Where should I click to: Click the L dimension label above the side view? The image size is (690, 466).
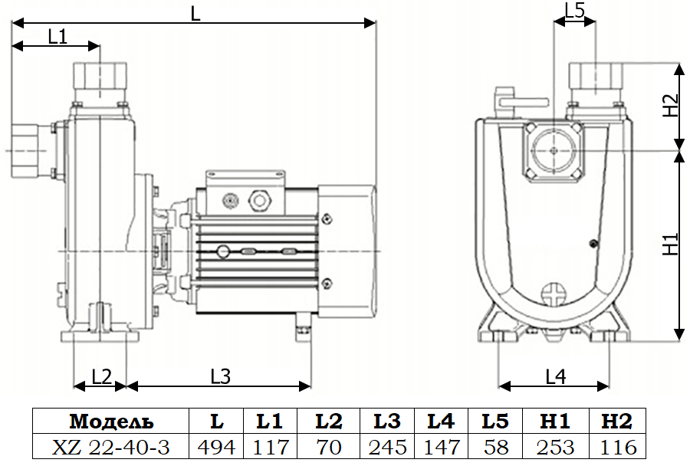pos(195,14)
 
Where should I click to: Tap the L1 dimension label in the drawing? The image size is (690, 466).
pos(58,37)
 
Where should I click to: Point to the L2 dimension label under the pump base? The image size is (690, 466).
pos(102,377)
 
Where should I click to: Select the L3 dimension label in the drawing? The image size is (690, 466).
pos(221,376)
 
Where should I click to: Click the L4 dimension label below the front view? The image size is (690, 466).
pos(556,376)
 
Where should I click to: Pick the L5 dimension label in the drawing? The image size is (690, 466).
pos(575,11)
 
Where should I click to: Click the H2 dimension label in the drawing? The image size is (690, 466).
pos(671,106)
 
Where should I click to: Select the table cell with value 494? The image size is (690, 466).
pos(216,447)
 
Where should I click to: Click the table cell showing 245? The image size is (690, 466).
pos(387,447)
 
